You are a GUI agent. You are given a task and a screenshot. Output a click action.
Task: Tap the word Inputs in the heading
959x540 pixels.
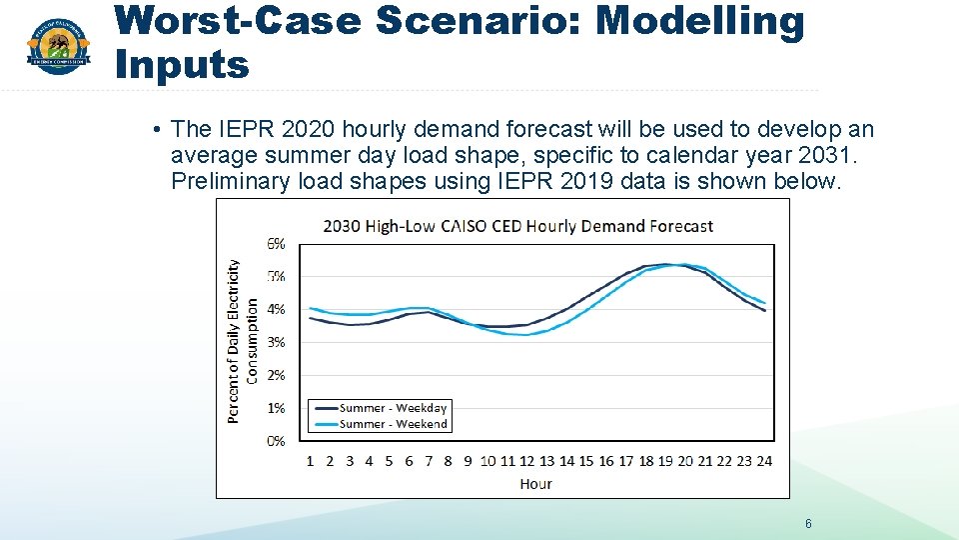[182, 65]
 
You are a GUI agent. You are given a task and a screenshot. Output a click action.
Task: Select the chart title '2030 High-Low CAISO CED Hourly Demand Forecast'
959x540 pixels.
[517, 226]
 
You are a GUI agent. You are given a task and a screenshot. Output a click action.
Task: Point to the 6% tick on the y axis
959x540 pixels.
[275, 243]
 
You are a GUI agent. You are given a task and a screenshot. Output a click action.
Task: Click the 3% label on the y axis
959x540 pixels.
[275, 342]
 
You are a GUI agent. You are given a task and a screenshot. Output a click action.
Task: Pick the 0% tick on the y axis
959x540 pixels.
[275, 441]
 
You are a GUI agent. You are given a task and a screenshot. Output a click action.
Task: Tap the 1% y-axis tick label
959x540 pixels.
[275, 408]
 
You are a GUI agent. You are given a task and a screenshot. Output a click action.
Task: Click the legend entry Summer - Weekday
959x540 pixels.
[393, 408]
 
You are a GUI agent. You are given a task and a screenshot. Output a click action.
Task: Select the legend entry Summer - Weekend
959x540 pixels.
[393, 424]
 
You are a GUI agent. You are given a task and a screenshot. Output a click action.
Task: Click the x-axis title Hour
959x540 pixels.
[535, 484]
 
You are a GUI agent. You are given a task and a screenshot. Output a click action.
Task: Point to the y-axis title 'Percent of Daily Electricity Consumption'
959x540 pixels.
[242, 341]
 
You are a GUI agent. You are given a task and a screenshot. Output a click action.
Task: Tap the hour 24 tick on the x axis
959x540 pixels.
[764, 461]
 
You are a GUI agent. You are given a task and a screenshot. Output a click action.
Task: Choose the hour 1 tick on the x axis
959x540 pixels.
[310, 461]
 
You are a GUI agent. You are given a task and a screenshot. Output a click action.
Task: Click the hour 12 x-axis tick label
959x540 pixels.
[527, 461]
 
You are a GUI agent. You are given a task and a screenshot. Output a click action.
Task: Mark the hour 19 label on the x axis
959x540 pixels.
[665, 461]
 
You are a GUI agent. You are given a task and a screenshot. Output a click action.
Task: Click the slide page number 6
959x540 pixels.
[808, 524]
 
